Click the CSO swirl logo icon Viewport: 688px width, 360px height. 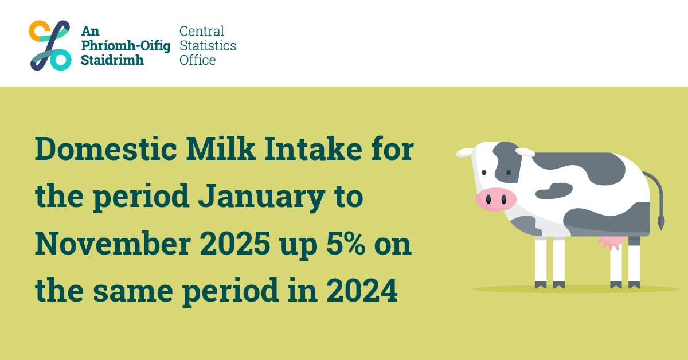click(50, 45)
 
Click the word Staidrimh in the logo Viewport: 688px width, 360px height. click(112, 60)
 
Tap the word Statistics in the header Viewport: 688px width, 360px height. click(208, 45)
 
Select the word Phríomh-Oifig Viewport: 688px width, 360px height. click(126, 45)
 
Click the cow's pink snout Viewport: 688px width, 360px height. click(495, 199)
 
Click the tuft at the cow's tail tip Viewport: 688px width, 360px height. click(660, 221)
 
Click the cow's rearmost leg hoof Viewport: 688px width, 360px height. click(634, 284)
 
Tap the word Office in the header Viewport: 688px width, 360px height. click(198, 60)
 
